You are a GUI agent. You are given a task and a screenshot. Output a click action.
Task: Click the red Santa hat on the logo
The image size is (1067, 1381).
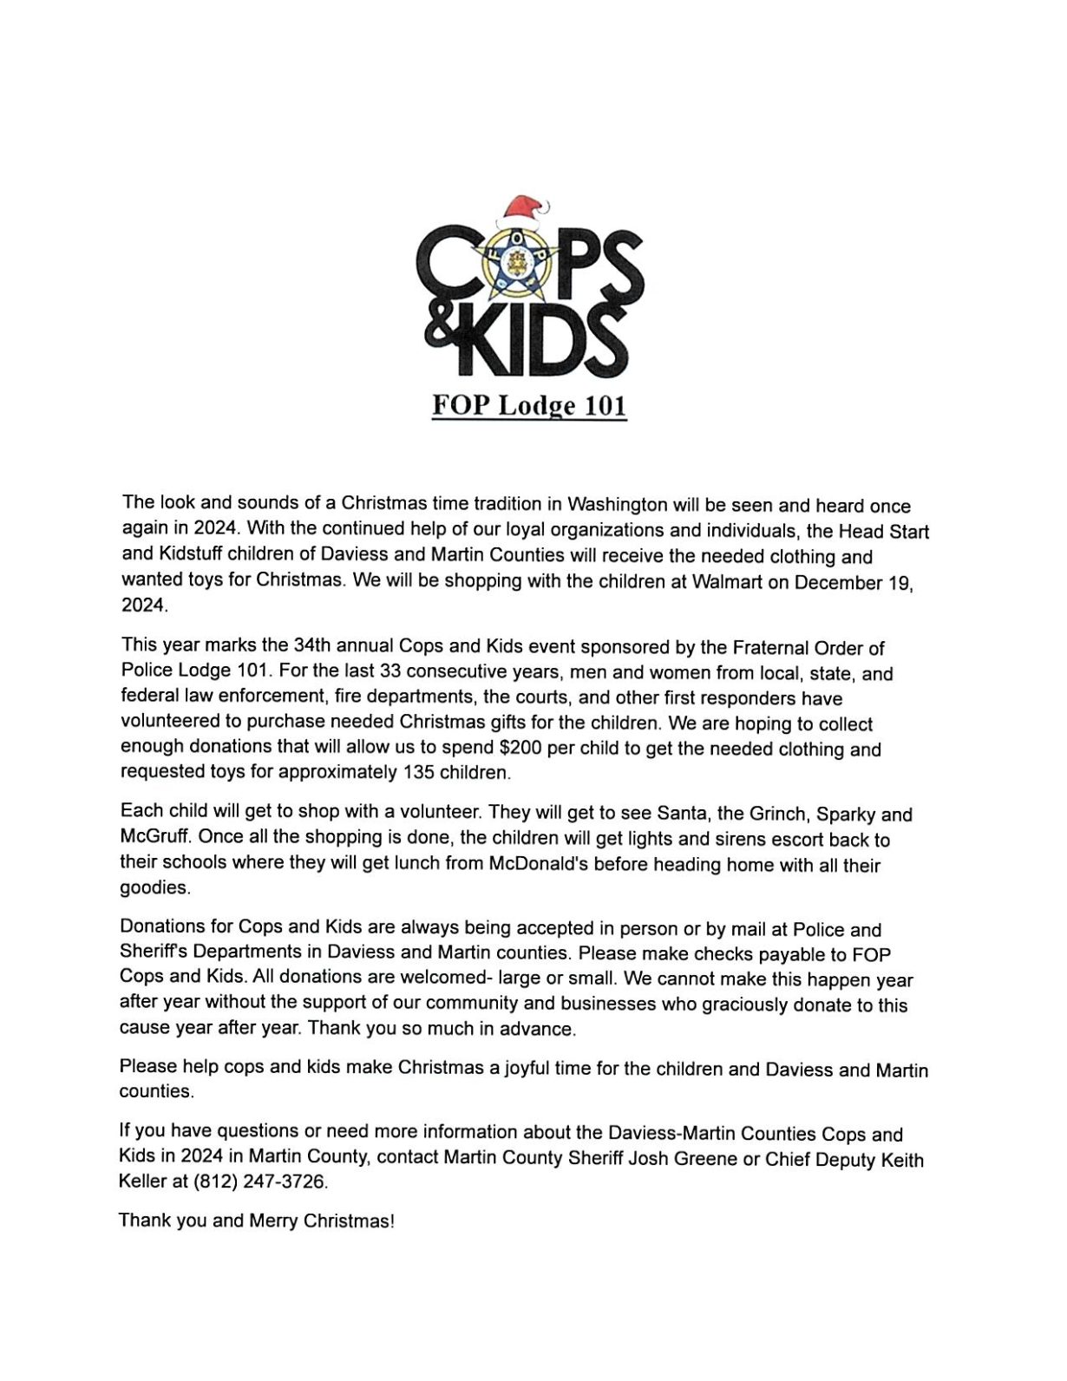tap(522, 210)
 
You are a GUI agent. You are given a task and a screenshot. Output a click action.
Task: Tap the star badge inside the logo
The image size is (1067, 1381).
tap(518, 259)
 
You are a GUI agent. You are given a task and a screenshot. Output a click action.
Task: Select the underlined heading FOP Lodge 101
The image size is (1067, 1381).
tap(529, 405)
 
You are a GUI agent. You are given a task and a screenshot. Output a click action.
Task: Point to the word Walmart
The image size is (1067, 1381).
tap(727, 581)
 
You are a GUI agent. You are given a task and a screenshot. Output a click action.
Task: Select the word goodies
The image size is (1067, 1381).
tap(154, 887)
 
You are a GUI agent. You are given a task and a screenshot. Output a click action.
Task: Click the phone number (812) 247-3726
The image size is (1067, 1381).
tap(260, 1181)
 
